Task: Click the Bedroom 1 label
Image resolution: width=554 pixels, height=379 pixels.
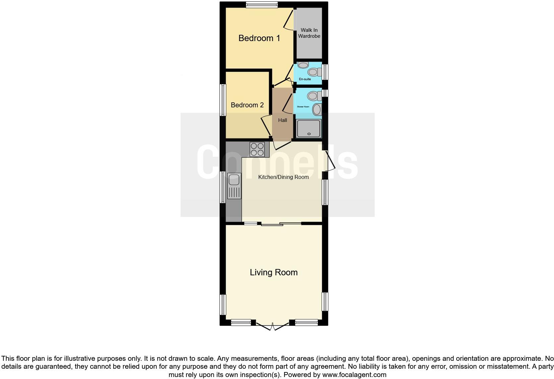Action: (259, 38)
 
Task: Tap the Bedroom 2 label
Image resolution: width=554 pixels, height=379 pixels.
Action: (247, 105)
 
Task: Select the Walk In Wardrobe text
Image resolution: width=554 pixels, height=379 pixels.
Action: (309, 33)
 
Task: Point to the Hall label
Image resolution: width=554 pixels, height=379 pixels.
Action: (283, 120)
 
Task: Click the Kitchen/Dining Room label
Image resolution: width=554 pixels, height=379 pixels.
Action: (283, 177)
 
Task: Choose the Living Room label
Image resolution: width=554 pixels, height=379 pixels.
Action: (274, 272)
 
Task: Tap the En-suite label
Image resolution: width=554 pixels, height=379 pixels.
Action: (305, 79)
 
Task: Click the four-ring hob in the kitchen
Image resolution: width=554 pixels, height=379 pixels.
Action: (257, 149)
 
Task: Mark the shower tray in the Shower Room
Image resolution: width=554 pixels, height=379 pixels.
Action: (309, 128)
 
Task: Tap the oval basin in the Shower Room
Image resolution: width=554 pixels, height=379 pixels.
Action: (317, 110)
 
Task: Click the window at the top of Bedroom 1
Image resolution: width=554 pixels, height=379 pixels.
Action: (262, 5)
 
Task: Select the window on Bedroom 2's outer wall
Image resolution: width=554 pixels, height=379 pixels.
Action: (223, 100)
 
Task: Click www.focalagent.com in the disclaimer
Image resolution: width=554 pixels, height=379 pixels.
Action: (354, 375)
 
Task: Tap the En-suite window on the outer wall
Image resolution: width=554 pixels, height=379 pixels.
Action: (325, 72)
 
